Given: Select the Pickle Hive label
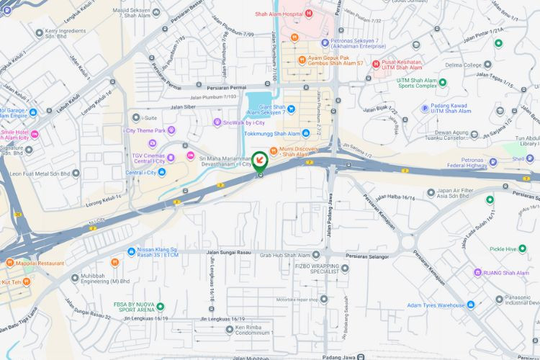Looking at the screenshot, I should [508, 249].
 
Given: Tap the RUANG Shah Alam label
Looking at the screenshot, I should [505, 273].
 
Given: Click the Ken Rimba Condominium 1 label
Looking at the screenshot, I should [253, 332].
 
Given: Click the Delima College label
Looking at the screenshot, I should [462, 66].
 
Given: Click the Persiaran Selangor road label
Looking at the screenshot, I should [366, 256].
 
